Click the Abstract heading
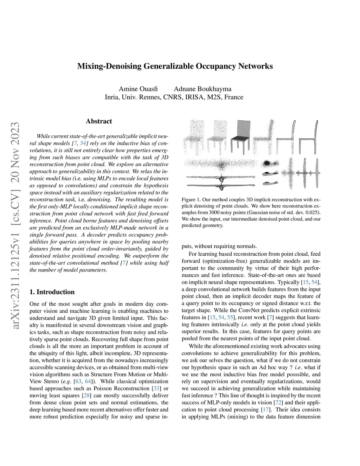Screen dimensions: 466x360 click(99, 121)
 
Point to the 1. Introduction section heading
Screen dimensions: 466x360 click(52, 292)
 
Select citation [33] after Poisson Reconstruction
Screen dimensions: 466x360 click(155, 389)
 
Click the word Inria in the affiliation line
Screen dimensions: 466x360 click(112, 97)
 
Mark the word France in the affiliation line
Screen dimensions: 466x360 click(234, 97)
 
